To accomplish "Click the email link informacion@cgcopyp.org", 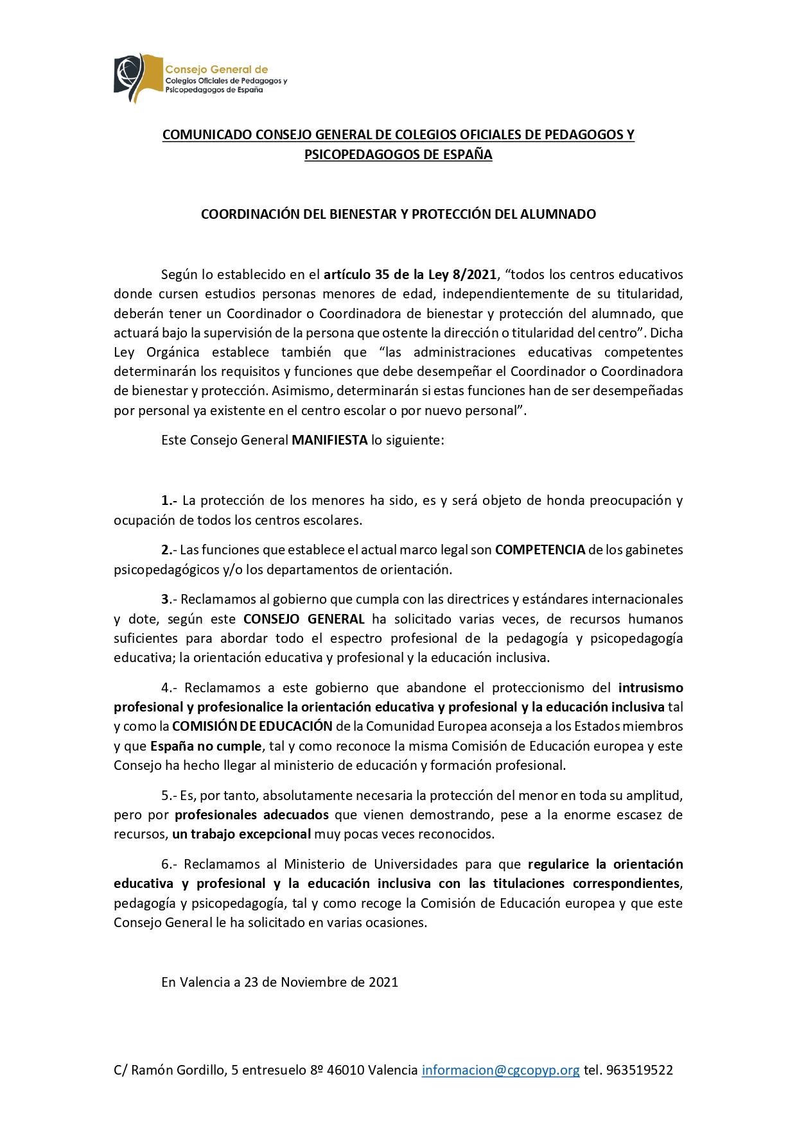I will pos(500,1070).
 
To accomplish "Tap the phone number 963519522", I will pos(640,1070).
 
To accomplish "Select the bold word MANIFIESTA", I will pos(329,440).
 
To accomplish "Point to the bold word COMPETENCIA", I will pos(539,550).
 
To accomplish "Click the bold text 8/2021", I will pos(475,275).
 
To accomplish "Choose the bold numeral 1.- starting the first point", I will pos(169,500).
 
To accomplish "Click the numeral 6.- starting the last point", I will pos(170,864).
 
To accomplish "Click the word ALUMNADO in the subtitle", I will pos(564,214).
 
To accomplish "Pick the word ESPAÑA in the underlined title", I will pos(468,155).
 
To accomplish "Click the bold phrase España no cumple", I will pos(206,746).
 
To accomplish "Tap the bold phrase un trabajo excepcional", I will pos(241,834).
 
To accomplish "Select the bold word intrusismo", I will pos(651,688).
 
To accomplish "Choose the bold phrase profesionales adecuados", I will pos(252,815).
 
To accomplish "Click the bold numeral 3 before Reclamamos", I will pos(165,599).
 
